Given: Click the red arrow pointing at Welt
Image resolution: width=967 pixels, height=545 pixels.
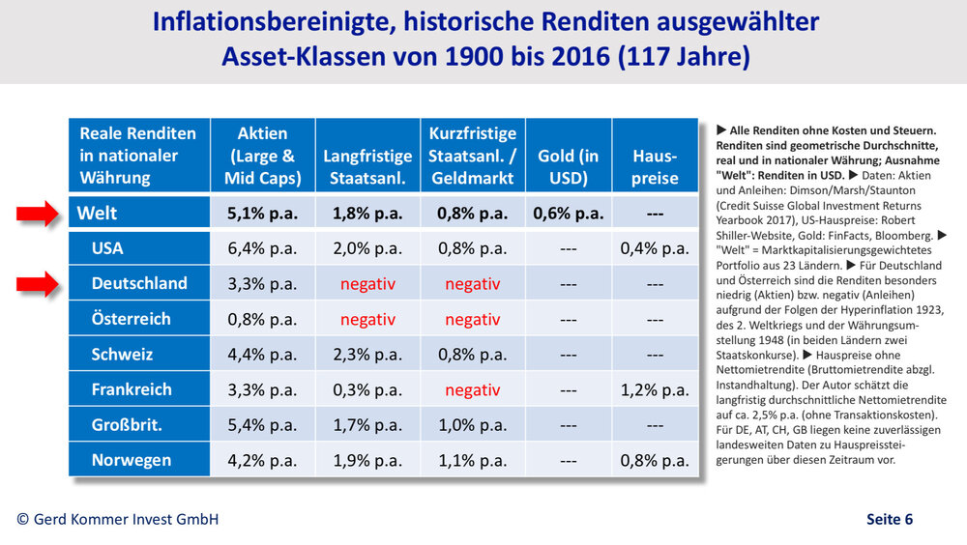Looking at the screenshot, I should [38, 214].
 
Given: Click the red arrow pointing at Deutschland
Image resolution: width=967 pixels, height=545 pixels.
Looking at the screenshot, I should [38, 283].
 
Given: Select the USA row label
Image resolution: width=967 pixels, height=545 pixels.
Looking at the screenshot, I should [107, 248].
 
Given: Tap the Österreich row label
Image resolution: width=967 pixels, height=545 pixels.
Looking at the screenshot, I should [131, 319].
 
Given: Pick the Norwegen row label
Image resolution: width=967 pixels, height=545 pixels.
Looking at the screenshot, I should [131, 460].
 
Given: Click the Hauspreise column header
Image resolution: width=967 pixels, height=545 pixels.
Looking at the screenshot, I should [655, 166].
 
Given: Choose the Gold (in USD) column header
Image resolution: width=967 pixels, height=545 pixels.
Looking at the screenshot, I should [569, 166].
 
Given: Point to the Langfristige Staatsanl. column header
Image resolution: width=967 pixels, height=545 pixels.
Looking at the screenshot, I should [367, 166].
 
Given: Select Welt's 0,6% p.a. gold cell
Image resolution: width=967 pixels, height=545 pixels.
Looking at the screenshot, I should [569, 214].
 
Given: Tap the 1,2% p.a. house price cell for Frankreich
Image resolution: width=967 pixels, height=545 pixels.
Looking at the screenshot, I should [655, 389].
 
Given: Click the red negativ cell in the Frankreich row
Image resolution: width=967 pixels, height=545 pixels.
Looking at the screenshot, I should [473, 389].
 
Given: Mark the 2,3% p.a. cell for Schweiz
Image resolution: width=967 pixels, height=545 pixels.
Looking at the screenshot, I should [367, 355].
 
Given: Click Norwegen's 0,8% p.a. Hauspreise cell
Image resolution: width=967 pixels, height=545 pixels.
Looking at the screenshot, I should [655, 460].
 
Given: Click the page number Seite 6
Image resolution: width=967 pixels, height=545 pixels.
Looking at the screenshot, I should [889, 519].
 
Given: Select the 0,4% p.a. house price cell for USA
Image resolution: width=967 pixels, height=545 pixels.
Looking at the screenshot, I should [655, 248].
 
